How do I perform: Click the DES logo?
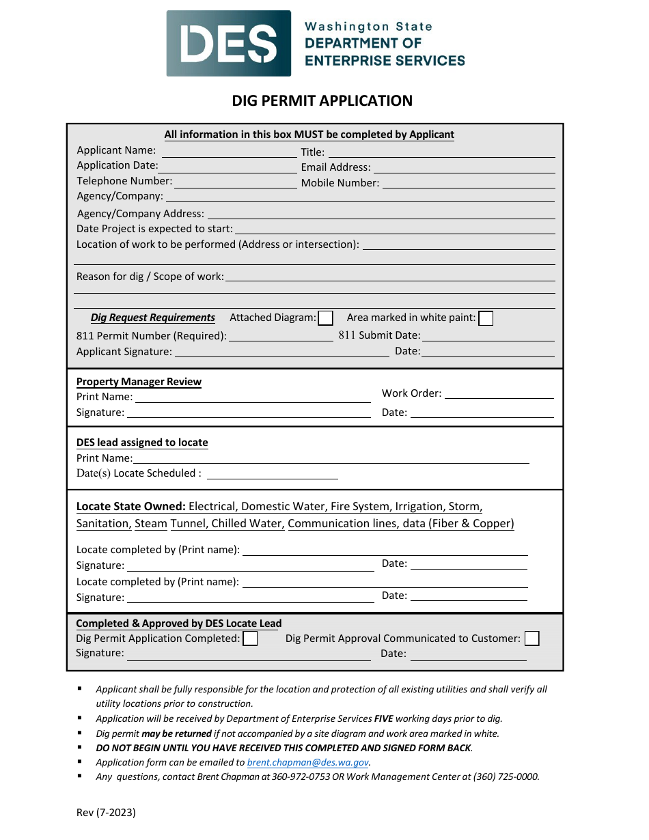coord(229,43)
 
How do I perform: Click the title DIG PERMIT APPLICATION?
coord(322,101)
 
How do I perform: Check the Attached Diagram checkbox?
coord(326,318)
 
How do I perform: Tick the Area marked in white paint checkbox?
coord(486,318)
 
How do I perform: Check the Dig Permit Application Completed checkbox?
coord(251,639)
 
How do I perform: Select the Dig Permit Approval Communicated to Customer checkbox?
coord(531,639)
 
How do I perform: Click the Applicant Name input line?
coord(229,152)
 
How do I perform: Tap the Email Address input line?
coord(464,168)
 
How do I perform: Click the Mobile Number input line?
coord(468,184)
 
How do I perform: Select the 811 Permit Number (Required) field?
coord(280,337)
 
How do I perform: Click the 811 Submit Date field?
coord(488,337)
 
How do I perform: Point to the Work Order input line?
coord(499,394)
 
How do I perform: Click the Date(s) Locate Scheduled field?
coord(272,475)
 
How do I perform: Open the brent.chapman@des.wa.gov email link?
coord(307,763)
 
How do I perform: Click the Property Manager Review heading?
coord(139,382)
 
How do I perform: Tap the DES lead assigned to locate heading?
coord(142,443)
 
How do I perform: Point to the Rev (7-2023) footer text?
coord(106,813)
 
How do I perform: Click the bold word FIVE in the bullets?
coord(383,719)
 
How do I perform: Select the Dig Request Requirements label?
coord(153,318)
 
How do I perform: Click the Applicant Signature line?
coord(281,352)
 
